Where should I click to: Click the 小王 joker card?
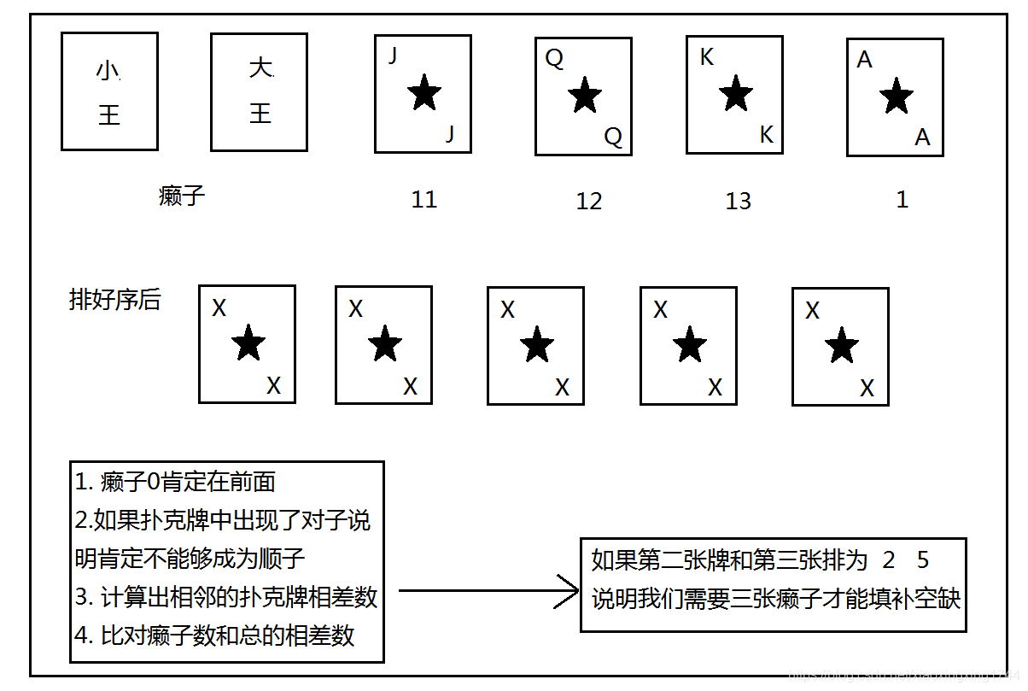pos(109,91)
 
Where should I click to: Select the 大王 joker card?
pos(259,91)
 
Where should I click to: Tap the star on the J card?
pos(424,92)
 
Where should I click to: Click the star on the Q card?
pos(585,95)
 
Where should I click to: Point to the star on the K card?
pos(736,92)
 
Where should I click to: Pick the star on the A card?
pos(896,96)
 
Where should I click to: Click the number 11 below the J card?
pos(424,200)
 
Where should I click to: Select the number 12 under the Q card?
pos(589,202)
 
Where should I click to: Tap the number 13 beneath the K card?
pos(739,202)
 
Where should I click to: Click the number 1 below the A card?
pos(902,200)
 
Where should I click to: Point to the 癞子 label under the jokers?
pos(182,196)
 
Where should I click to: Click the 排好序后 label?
pos(114,301)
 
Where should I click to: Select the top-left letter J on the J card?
pos(393,56)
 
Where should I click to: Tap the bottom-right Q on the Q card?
pos(613,137)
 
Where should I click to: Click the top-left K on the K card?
pos(707,57)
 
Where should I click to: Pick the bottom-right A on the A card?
pos(922,137)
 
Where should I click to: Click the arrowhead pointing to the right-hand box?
pos(568,590)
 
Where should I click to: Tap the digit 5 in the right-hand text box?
pos(922,561)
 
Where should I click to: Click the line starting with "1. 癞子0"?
pos(176,483)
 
